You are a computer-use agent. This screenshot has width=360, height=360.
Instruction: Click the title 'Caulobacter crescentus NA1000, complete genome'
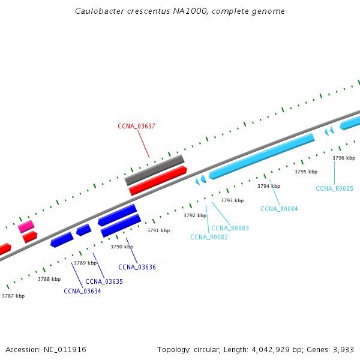pos(180,11)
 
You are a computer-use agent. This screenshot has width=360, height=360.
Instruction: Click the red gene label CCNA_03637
pos(136,126)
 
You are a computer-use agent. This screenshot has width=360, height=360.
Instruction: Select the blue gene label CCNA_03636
pos(137,267)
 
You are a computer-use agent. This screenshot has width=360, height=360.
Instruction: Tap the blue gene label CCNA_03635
pos(104,281)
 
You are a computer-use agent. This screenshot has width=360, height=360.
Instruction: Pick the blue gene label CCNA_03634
pos(82,291)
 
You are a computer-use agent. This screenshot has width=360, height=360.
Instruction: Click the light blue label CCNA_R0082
pos(209,237)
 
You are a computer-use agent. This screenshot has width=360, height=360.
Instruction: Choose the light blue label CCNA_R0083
pos(230,228)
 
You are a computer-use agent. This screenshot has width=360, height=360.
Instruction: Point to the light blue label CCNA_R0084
pos(279,209)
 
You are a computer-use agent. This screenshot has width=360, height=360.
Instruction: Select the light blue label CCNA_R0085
pos(334,188)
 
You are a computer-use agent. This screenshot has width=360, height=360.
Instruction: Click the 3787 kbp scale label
pos(13,296)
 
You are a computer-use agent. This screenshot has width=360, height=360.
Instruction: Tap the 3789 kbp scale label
pos(85,263)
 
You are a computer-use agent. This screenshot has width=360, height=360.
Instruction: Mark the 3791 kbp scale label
pos(158,230)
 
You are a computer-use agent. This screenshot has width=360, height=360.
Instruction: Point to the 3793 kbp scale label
pos(232,200)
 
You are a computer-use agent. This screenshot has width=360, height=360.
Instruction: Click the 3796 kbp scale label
pos(344,158)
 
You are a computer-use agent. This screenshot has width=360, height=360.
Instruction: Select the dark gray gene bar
pos(154,170)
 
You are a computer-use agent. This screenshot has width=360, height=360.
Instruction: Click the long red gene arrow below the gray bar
pos(158,181)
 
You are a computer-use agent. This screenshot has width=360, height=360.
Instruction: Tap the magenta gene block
pos(26,226)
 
